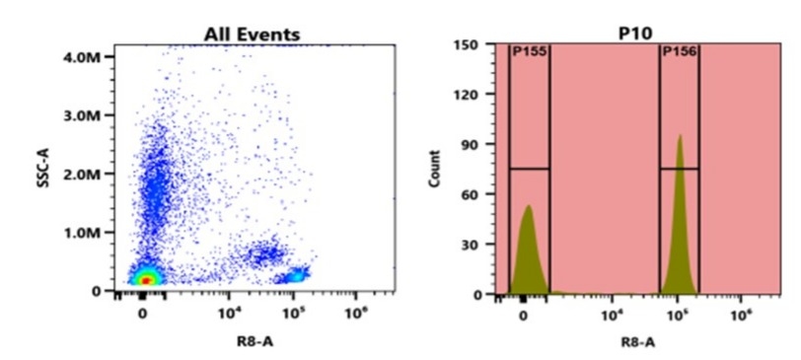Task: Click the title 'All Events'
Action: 252,35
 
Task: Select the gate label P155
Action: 530,52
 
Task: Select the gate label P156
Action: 680,52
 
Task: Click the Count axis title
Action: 435,169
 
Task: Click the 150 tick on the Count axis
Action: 468,44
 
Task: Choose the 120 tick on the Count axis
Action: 468,95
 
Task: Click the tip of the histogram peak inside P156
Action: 680,136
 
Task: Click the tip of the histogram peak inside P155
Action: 529,206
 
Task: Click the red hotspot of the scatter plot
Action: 145,280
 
